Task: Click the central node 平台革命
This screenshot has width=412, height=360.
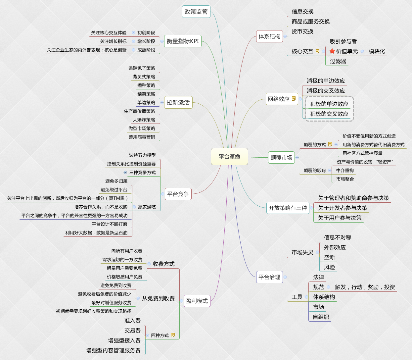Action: click(x=229, y=157)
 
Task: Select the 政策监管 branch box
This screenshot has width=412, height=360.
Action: click(x=196, y=12)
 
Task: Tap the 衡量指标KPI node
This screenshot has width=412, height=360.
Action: click(x=183, y=41)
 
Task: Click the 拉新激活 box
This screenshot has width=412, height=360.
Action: click(x=178, y=102)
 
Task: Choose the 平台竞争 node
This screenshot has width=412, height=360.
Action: click(x=178, y=194)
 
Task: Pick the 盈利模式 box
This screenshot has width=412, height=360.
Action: click(x=197, y=301)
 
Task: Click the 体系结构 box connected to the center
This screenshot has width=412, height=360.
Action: click(x=269, y=36)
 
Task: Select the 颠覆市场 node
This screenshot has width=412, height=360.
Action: click(x=281, y=158)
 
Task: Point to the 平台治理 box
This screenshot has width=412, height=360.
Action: click(x=269, y=277)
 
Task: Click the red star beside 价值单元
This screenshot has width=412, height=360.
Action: click(x=332, y=51)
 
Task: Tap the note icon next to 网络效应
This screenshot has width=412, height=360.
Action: click(x=294, y=99)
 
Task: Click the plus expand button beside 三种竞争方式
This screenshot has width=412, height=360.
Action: click(x=125, y=173)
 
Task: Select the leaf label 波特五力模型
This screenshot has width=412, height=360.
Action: click(x=142, y=155)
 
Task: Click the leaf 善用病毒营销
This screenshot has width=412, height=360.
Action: click(x=142, y=137)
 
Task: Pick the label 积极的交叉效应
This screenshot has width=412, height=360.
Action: click(x=329, y=114)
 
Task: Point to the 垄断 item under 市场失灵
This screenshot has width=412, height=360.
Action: click(x=329, y=257)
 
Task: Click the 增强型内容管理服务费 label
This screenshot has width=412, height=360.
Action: click(x=113, y=350)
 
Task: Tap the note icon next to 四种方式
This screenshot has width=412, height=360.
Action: click(x=173, y=335)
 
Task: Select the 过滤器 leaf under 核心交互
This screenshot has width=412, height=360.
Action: click(x=338, y=61)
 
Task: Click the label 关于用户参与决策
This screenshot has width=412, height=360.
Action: click(x=340, y=218)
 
